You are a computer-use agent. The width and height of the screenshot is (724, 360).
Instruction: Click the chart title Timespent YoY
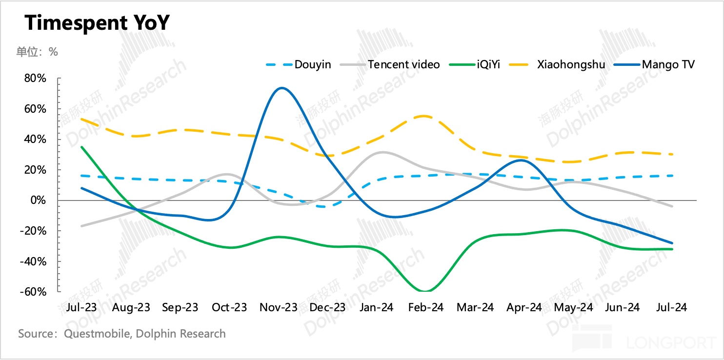point(97,22)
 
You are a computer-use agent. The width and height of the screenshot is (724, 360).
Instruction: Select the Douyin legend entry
point(312,64)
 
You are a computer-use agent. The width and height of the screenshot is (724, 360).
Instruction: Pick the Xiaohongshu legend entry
point(571,64)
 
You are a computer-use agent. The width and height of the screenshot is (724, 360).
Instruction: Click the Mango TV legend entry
point(668,64)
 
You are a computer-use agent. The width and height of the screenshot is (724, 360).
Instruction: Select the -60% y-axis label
point(34,292)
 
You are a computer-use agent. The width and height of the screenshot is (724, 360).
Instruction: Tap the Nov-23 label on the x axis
point(279,307)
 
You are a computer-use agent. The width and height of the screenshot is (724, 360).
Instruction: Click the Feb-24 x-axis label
point(425,307)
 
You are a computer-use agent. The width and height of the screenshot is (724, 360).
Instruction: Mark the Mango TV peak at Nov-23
point(281,88)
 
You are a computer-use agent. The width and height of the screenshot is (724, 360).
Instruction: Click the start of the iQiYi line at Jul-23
point(81,147)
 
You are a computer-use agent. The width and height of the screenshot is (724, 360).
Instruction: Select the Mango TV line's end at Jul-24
point(672,243)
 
